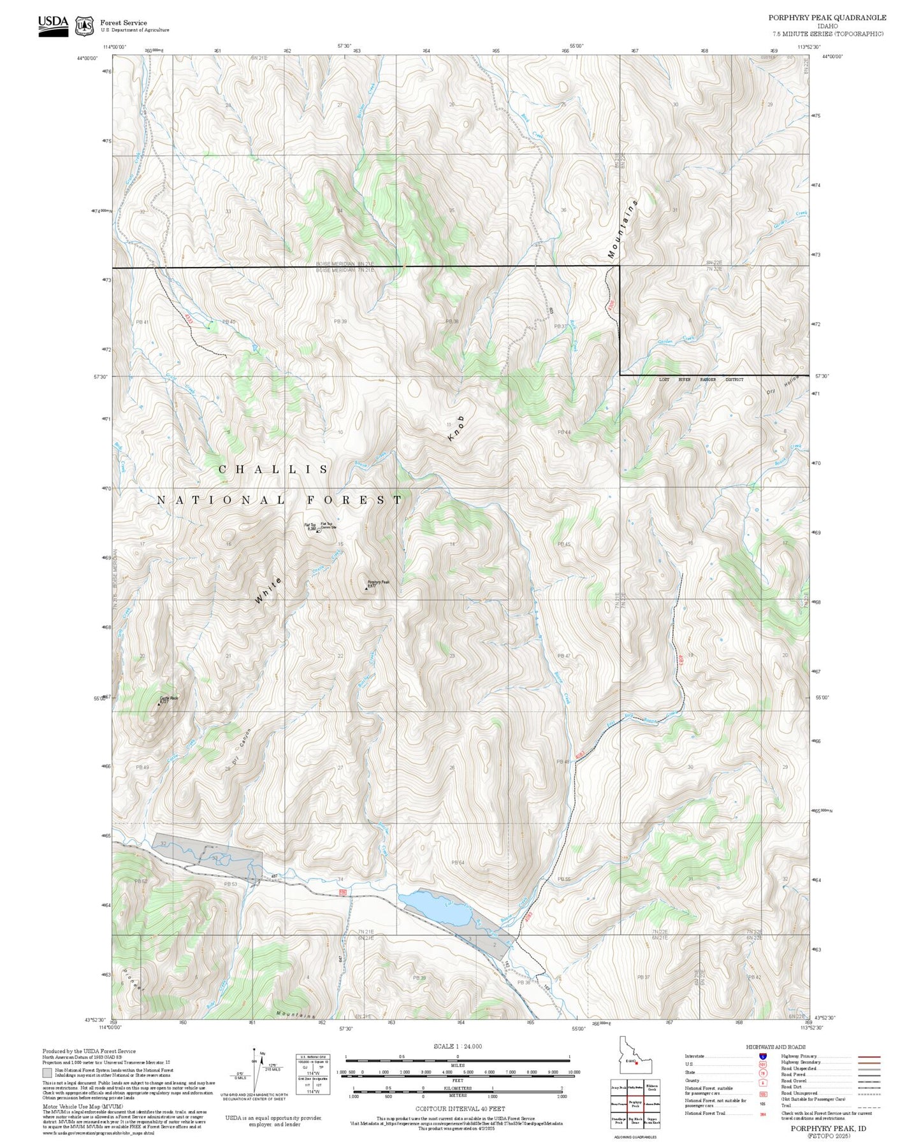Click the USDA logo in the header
tap(53, 25)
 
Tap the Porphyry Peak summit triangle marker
tap(366, 589)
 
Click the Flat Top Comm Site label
tap(328, 526)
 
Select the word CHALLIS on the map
tap(273, 470)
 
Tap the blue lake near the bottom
tap(435, 908)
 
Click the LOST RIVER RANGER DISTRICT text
tap(701, 380)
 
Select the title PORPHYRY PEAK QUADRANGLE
tap(827, 18)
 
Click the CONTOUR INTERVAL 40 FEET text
tap(460, 1109)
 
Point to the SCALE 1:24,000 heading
tap(457, 1046)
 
